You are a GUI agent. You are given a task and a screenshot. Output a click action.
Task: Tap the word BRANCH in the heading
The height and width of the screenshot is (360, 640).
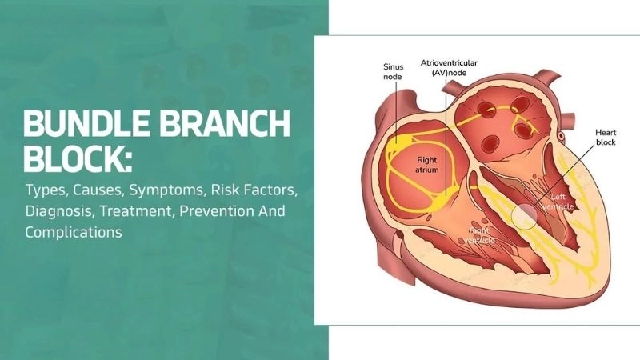pos(225,124)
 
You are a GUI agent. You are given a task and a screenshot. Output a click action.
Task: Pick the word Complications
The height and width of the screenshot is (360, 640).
pos(73,233)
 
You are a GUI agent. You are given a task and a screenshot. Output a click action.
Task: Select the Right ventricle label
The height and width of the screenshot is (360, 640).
pos(482,236)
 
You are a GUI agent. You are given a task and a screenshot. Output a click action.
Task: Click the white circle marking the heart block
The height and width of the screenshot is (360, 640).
pos(525,217)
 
